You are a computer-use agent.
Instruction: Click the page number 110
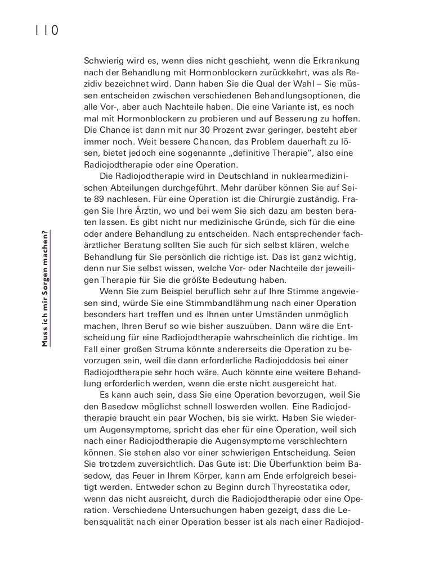click(x=47, y=30)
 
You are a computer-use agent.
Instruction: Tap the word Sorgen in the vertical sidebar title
click(x=45, y=281)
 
